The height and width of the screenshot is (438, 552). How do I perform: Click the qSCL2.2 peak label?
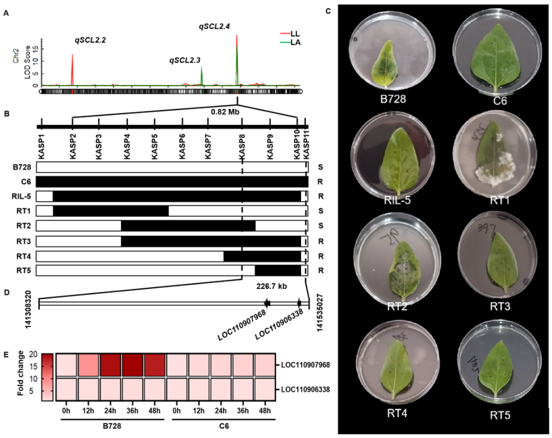point(90,40)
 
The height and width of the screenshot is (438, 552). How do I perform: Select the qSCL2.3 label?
point(185,61)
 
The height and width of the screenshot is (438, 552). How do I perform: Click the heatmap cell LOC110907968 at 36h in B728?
point(132,365)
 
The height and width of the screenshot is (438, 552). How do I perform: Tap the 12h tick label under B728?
point(88,411)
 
